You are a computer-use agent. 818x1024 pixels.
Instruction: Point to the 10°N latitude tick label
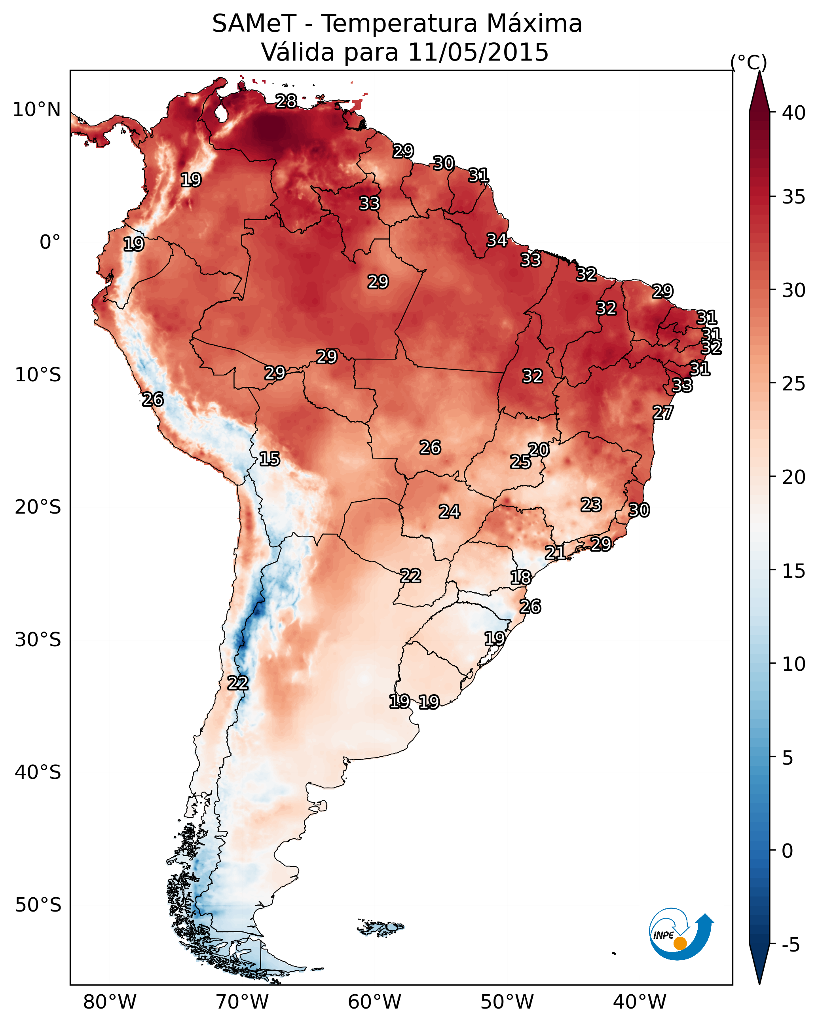(36, 110)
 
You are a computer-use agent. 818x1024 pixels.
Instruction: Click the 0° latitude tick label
(50, 242)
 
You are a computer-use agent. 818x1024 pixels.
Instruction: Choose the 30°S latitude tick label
(38, 640)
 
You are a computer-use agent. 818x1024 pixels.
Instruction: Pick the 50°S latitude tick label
(38, 905)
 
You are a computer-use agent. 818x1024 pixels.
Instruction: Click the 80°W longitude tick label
(110, 1002)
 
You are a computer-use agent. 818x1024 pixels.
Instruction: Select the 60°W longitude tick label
(375, 1002)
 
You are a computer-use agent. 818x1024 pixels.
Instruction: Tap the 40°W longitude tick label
(640, 1002)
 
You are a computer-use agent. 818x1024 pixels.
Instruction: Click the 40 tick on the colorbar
(794, 113)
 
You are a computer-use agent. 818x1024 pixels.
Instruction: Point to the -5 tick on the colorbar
(790, 945)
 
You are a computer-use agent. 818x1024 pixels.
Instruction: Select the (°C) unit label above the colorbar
(749, 62)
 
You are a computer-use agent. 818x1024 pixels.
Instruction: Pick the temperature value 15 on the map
(269, 459)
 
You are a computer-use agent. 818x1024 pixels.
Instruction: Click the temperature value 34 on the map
(497, 240)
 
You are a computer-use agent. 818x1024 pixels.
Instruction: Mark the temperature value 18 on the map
(521, 578)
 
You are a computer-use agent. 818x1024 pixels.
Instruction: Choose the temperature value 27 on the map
(663, 413)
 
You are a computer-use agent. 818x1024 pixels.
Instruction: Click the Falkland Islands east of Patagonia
(381, 927)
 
